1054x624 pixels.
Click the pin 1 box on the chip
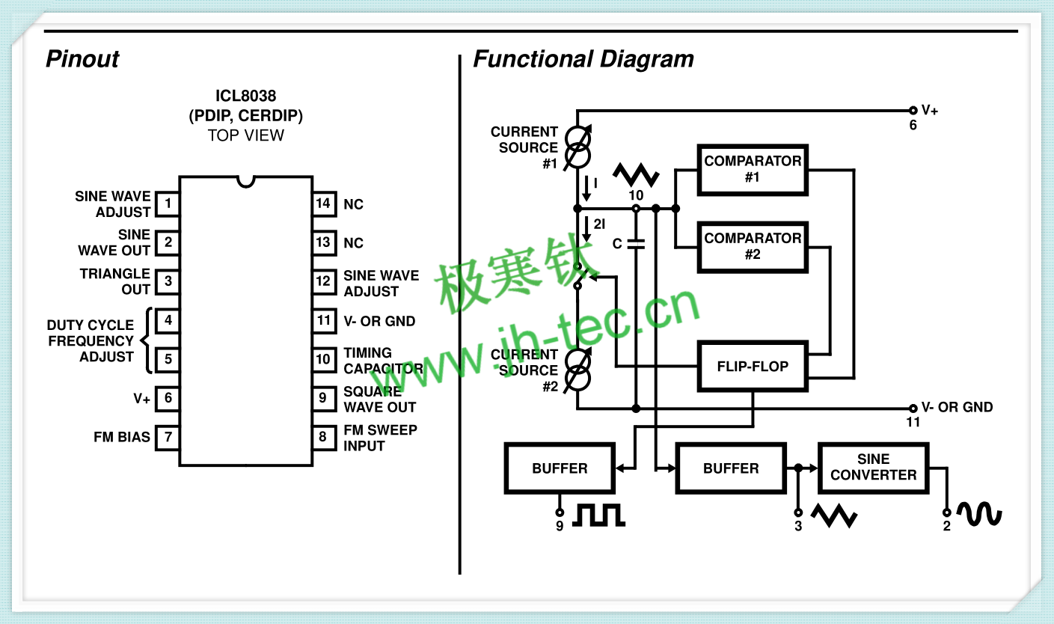coord(168,204)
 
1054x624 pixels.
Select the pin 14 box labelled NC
coord(323,204)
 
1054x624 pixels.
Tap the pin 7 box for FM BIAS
coord(168,437)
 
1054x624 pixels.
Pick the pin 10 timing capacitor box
coord(323,360)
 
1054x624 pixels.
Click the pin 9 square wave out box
coord(323,398)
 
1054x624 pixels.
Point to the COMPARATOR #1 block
coord(753,170)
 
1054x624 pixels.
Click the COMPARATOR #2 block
coord(753,247)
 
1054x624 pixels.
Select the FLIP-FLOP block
coord(753,367)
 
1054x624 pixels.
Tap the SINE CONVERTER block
coord(873,468)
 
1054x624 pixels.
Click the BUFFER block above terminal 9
coord(560,468)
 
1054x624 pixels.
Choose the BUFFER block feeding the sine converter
coord(731,468)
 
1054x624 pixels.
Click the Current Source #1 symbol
coord(578,147)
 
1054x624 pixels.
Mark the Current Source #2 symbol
coord(578,370)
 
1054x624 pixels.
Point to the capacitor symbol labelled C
coord(636,243)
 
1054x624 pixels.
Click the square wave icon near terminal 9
coord(598,515)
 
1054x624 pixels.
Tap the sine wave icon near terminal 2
coord(979,514)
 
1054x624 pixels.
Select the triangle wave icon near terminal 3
coord(833,516)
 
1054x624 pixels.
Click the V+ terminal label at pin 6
coord(930,110)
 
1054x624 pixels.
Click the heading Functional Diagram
coord(583,59)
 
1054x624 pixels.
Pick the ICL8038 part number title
coord(245,97)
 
